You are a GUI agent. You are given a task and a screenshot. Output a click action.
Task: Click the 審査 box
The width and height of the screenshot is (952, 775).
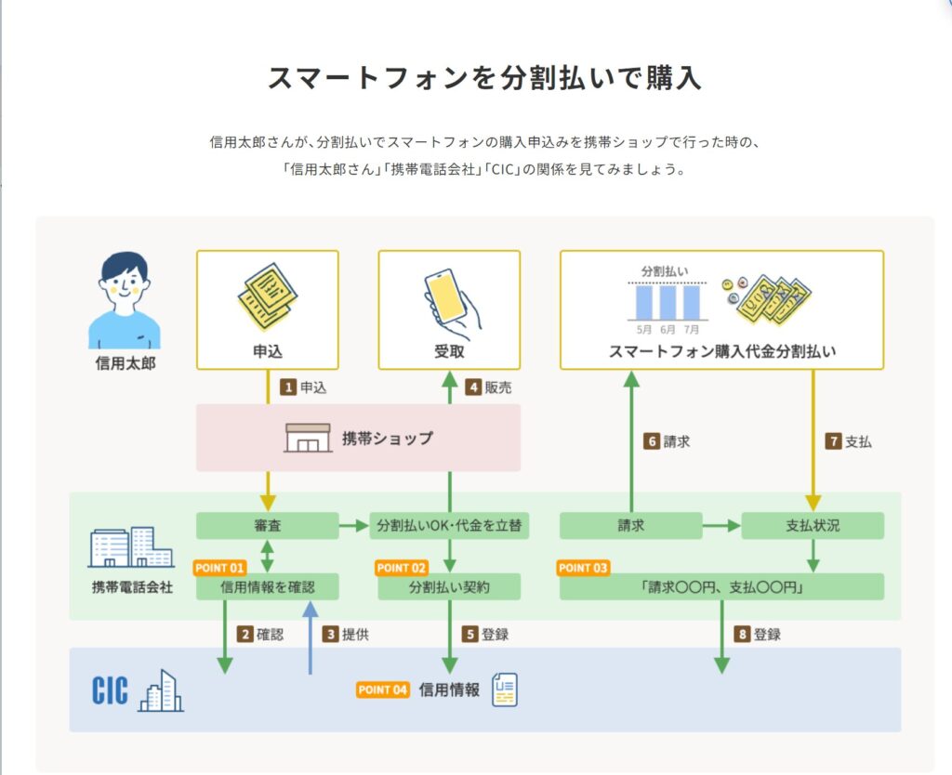click(x=267, y=526)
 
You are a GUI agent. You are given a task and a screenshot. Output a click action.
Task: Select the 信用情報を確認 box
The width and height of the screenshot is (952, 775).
click(x=267, y=587)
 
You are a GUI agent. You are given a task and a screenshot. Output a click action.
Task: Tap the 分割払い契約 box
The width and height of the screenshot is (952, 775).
click(x=449, y=587)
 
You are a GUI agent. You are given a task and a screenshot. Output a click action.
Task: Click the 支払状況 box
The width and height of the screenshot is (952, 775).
click(x=812, y=526)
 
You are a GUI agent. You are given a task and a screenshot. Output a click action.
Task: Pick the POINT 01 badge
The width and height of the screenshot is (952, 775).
click(x=219, y=567)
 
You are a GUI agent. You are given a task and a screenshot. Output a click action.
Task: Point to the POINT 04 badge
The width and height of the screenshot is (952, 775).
click(x=383, y=690)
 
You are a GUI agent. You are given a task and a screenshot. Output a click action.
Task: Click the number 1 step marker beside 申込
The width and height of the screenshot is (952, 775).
click(x=288, y=387)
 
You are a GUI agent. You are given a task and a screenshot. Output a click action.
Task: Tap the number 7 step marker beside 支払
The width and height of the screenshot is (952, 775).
click(x=833, y=442)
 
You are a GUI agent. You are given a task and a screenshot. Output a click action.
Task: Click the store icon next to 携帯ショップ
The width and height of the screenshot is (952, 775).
click(x=308, y=438)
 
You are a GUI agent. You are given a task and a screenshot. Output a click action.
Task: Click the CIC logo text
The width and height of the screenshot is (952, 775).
click(x=111, y=690)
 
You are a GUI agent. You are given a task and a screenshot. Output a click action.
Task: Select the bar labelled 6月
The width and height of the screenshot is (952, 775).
click(x=668, y=302)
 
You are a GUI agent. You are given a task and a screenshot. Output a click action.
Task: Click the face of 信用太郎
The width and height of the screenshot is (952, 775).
click(x=124, y=282)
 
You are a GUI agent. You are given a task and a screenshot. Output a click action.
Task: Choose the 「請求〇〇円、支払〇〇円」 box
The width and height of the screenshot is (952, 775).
click(x=721, y=587)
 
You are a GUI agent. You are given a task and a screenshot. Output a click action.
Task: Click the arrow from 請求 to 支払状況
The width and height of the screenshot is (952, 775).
click(x=721, y=526)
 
